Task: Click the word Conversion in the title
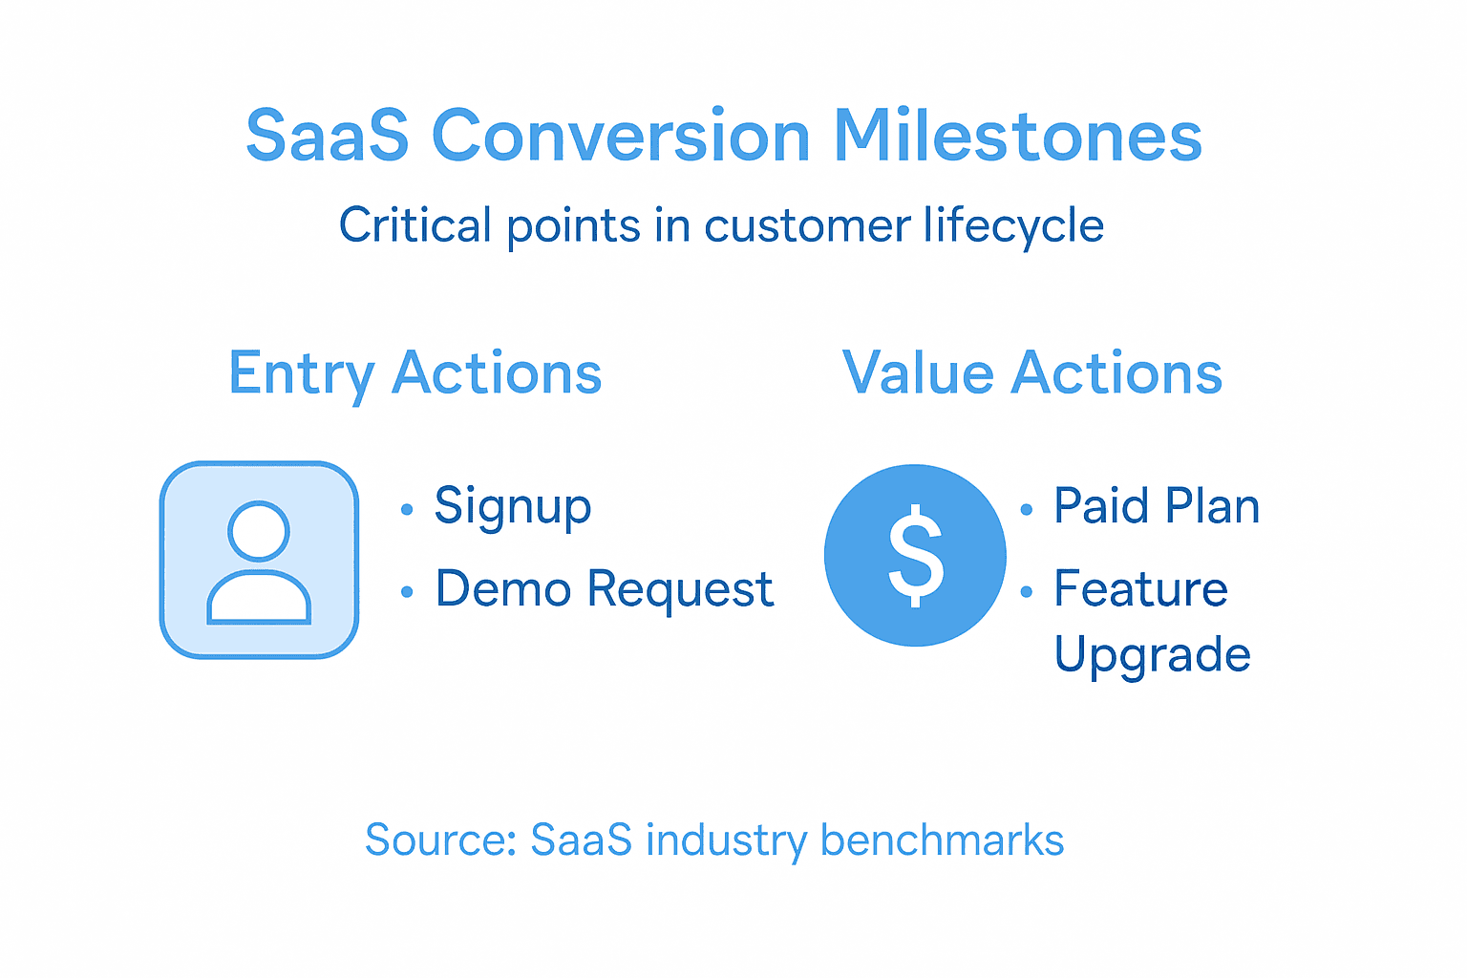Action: pyautogui.click(x=621, y=136)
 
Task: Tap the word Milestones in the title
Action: pyautogui.click(x=1017, y=136)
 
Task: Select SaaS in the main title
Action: pyautogui.click(x=328, y=136)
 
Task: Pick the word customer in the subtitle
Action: pyautogui.click(x=807, y=226)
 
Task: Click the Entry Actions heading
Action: pyautogui.click(x=415, y=372)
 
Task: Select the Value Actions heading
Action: pyautogui.click(x=1031, y=372)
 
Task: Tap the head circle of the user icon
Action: pyautogui.click(x=259, y=531)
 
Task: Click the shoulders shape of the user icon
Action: pyautogui.click(x=259, y=600)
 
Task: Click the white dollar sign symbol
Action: pyautogui.click(x=915, y=555)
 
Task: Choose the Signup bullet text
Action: pyautogui.click(x=513, y=506)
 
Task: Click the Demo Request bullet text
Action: pyautogui.click(x=604, y=589)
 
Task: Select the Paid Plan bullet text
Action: pyautogui.click(x=1156, y=506)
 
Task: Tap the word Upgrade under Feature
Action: pyautogui.click(x=1152, y=655)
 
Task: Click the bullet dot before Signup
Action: pyautogui.click(x=407, y=510)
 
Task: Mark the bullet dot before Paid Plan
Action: pyautogui.click(x=1027, y=510)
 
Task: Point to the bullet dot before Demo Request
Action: pyautogui.click(x=407, y=593)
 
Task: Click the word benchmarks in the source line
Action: pyautogui.click(x=942, y=840)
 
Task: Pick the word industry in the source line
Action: pyautogui.click(x=726, y=840)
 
